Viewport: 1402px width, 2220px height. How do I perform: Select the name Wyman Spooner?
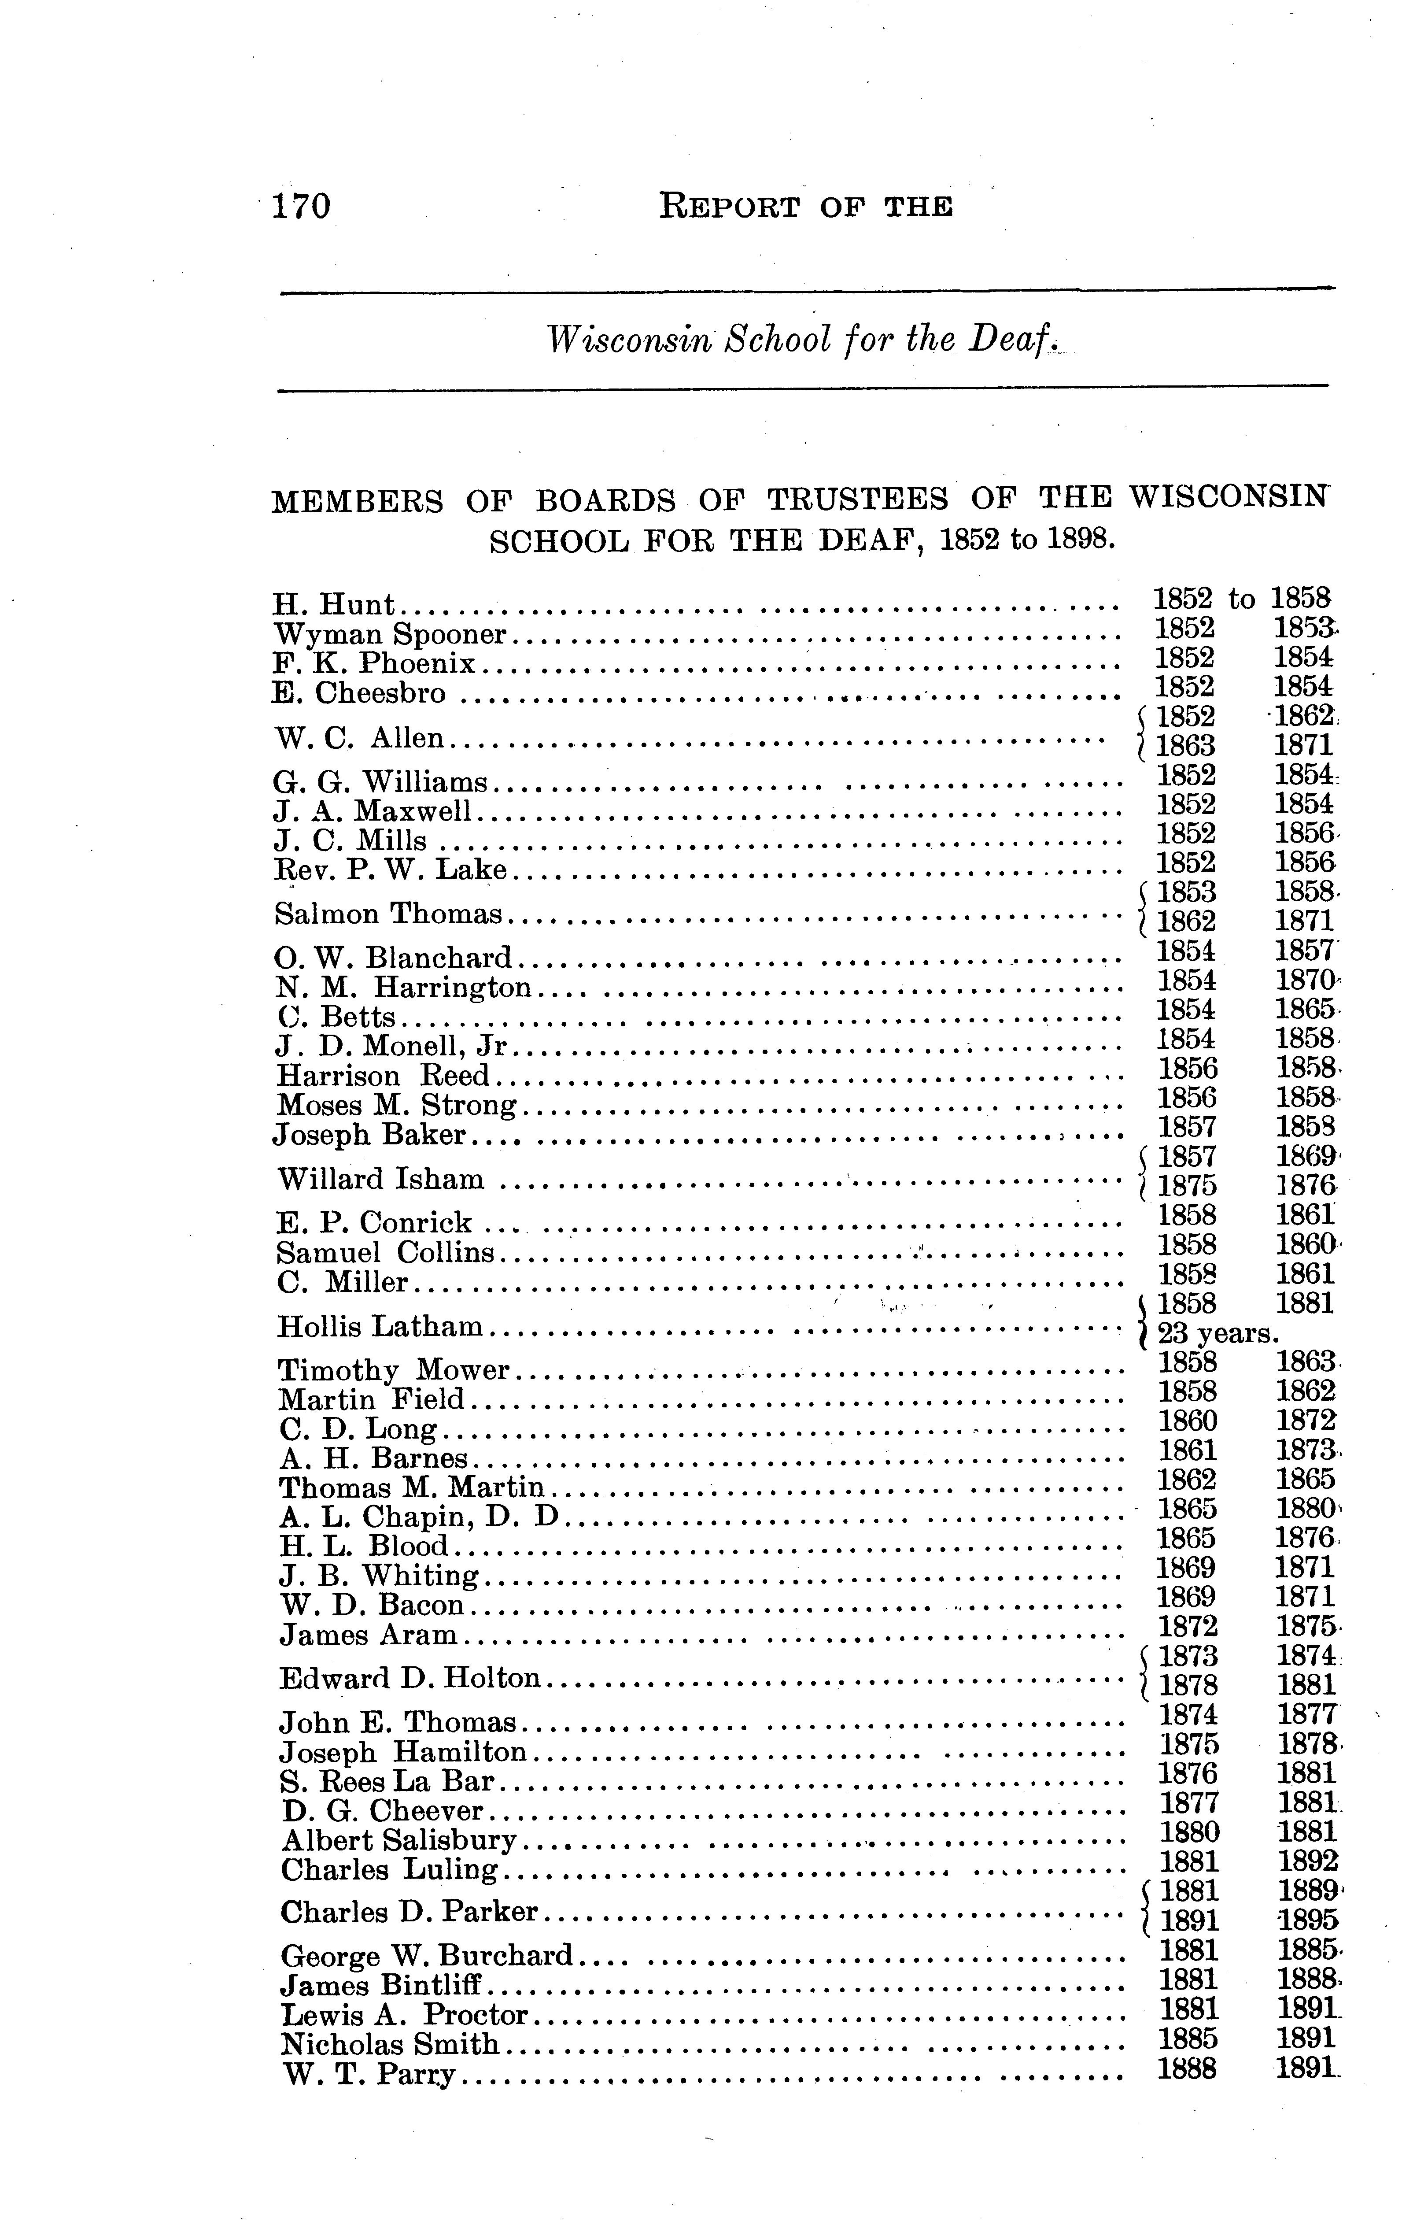(x=391, y=634)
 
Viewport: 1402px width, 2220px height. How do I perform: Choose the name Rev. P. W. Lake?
(x=391, y=869)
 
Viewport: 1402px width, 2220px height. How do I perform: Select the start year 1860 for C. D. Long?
(x=1187, y=1421)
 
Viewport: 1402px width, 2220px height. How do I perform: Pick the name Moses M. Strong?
(x=396, y=1104)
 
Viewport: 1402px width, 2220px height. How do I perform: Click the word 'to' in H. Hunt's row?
(x=1242, y=599)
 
